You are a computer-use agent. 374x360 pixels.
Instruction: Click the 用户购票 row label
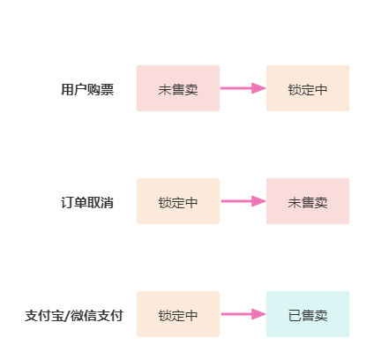[87, 89]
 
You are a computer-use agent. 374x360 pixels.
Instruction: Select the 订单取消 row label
[87, 203]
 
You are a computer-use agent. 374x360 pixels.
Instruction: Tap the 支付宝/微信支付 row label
[74, 316]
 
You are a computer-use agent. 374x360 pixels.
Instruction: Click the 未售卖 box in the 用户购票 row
[178, 88]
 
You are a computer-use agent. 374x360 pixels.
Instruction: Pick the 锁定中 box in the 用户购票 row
[308, 88]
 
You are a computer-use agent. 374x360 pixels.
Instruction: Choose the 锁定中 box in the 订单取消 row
[178, 201]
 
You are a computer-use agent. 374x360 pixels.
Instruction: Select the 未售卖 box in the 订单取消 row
[308, 201]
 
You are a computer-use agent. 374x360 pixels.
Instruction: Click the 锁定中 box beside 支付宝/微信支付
[178, 314]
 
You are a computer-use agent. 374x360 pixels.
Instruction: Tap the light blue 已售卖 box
[308, 314]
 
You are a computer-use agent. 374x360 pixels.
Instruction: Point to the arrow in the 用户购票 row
[243, 88]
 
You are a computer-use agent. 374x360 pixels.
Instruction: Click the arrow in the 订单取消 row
[243, 201]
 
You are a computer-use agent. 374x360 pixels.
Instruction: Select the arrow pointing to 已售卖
[243, 314]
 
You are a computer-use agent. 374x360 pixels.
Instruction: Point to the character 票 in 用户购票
[108, 89]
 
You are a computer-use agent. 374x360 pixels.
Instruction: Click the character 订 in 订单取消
[67, 203]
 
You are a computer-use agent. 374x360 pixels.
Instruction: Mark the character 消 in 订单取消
[108, 203]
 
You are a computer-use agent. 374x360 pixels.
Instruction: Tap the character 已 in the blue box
[295, 316]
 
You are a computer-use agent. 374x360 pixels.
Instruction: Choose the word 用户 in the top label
[74, 89]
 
